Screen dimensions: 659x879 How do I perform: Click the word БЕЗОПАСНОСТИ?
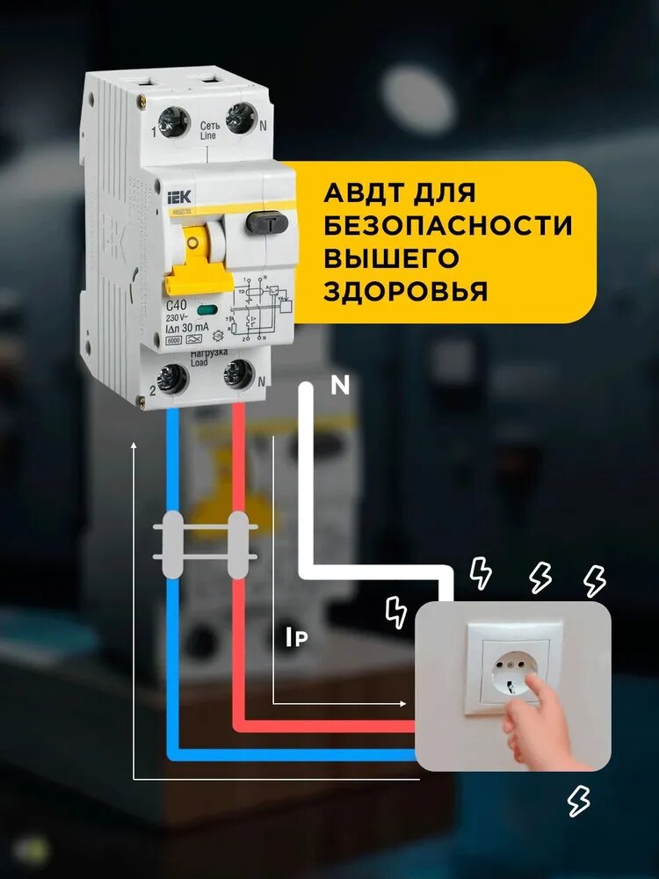(448, 224)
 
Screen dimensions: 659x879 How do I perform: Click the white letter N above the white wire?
(339, 384)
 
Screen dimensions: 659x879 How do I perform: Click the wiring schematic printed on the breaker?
(261, 309)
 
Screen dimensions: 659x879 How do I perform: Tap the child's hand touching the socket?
(536, 721)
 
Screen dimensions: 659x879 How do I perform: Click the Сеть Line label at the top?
(209, 130)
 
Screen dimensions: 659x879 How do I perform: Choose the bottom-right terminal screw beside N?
(238, 379)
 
